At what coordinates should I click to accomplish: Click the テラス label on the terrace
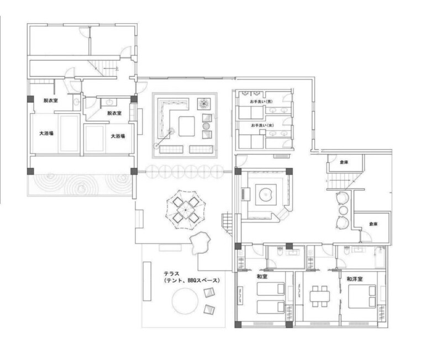pos(171,273)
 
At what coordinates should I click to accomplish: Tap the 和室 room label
pos(262,277)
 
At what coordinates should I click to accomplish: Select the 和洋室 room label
pos(354,279)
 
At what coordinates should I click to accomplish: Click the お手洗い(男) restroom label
pos(261,102)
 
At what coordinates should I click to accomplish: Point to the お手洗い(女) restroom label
pos(262,125)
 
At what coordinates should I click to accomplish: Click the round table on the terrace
pos(185,301)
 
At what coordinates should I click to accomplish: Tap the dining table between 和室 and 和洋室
pos(320,296)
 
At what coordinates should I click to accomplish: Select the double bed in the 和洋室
pos(362,297)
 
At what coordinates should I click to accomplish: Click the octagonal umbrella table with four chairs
pos(186,210)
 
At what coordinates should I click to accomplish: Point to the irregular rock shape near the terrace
pos(200,242)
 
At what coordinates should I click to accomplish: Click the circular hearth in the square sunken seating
pos(266,195)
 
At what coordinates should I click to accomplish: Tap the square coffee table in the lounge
pos(187,126)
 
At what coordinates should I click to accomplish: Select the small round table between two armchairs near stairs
pos(343,210)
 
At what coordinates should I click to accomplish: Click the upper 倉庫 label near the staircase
pos(344,162)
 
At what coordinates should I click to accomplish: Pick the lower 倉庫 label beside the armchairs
pos(373,224)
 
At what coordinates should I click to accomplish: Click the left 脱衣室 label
pos(51,100)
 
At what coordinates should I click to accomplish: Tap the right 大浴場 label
pos(118,136)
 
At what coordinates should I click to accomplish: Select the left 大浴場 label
pos(46,134)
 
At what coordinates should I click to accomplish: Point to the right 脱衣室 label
pos(114,113)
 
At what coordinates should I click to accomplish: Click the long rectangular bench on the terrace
pos(147,281)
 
